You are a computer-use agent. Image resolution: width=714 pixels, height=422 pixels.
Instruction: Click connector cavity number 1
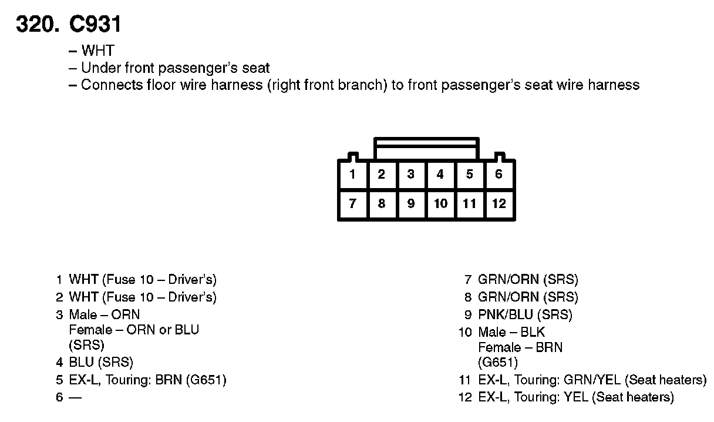click(352, 174)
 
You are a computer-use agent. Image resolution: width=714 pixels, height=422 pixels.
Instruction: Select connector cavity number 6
click(499, 174)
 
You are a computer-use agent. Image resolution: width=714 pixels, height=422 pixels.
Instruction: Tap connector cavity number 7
click(352, 203)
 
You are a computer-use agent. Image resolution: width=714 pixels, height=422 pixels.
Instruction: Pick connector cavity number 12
click(499, 203)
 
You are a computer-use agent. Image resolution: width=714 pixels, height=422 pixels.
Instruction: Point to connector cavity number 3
click(411, 174)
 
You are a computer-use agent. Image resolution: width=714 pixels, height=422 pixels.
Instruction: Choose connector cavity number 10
click(440, 203)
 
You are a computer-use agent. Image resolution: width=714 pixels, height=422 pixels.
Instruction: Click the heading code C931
click(95, 24)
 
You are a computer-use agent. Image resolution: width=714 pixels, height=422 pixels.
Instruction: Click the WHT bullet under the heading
click(97, 51)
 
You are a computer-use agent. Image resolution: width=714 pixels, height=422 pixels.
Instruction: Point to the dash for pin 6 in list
click(75, 397)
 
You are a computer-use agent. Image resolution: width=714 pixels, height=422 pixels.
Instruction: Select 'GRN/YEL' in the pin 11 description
click(592, 380)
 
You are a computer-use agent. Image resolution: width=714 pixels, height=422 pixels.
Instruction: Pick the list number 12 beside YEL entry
click(465, 397)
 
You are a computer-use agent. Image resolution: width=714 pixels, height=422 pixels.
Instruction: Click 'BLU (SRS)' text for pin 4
click(101, 362)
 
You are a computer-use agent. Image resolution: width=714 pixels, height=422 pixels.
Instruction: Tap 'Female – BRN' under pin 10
click(520, 347)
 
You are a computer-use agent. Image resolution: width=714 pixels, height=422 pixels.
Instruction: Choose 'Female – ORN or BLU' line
click(134, 330)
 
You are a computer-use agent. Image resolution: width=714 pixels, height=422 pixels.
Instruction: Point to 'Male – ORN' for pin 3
click(105, 314)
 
